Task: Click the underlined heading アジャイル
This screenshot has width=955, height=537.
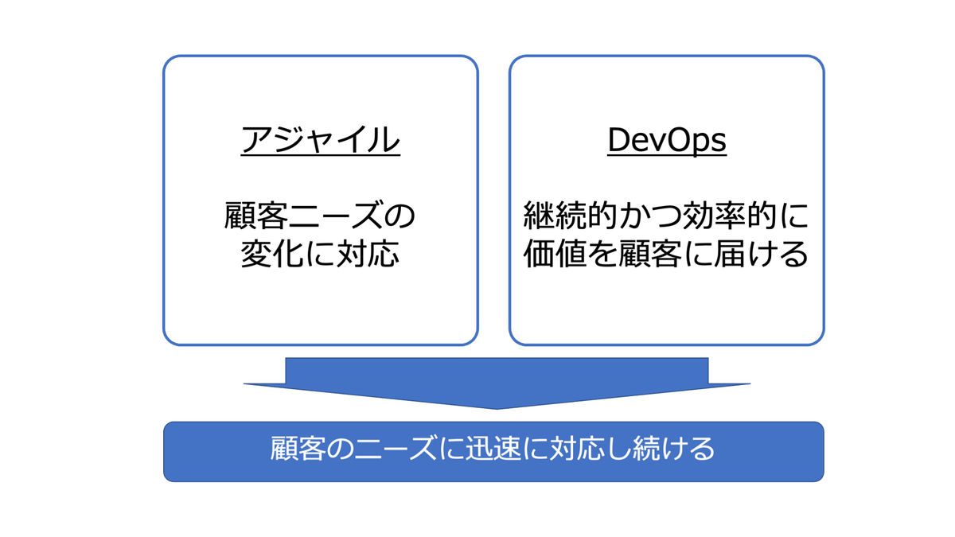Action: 320,141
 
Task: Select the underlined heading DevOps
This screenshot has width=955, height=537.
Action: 667,141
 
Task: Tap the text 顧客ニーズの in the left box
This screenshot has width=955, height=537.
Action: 320,215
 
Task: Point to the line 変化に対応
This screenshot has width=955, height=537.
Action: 320,255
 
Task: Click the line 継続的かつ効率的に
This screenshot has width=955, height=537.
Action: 666,215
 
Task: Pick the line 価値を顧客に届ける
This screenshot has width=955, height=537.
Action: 666,255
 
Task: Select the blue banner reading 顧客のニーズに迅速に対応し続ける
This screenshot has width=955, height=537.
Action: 493,451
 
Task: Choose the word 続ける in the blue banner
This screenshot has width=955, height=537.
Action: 675,450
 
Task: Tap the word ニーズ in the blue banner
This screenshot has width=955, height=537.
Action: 389,450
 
